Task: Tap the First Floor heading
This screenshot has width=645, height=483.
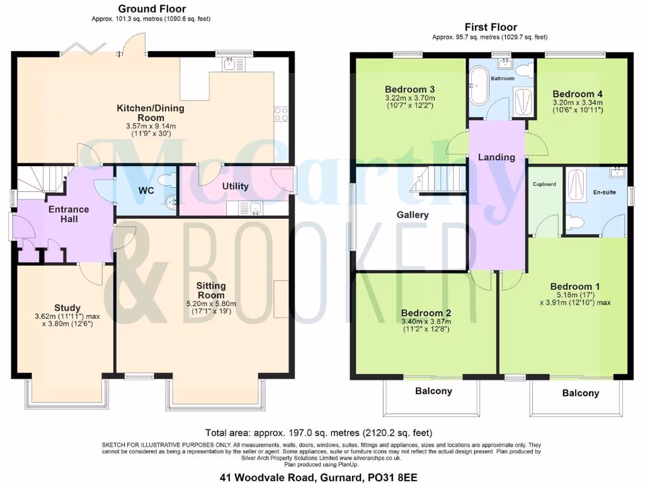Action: click(x=491, y=27)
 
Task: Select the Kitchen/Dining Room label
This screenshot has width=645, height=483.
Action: click(x=151, y=113)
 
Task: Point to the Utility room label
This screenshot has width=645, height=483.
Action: click(x=235, y=186)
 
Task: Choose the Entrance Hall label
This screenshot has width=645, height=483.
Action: click(x=69, y=214)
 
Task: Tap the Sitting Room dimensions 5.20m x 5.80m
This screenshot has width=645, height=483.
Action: click(x=211, y=304)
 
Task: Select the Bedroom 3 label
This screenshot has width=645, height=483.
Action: click(x=410, y=89)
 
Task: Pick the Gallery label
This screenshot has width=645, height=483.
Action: click(x=413, y=215)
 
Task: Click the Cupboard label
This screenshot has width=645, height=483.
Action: click(x=544, y=184)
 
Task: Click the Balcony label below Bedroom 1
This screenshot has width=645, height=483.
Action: click(x=580, y=393)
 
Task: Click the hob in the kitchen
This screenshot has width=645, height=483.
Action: click(x=282, y=114)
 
